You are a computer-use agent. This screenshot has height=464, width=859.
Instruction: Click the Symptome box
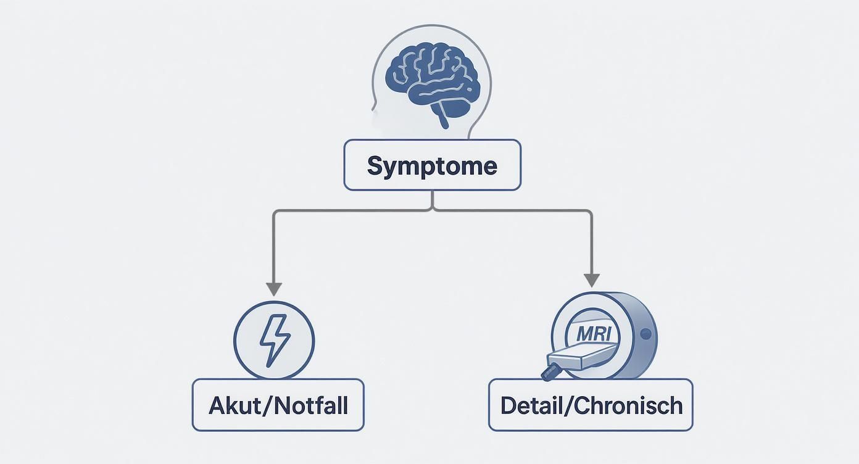tap(432, 165)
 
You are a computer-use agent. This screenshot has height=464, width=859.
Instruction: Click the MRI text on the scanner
tap(594, 334)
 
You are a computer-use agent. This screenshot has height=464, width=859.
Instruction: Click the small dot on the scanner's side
tap(645, 334)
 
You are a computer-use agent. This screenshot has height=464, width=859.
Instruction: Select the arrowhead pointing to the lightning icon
tap(274, 289)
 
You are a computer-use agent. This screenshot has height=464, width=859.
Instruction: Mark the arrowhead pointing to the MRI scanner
tap(592, 280)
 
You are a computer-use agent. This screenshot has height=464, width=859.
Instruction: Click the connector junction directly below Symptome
tap(433, 210)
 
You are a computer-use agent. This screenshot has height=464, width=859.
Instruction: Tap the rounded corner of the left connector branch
tap(276, 213)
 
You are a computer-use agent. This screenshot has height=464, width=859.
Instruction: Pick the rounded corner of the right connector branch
tap(590, 213)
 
